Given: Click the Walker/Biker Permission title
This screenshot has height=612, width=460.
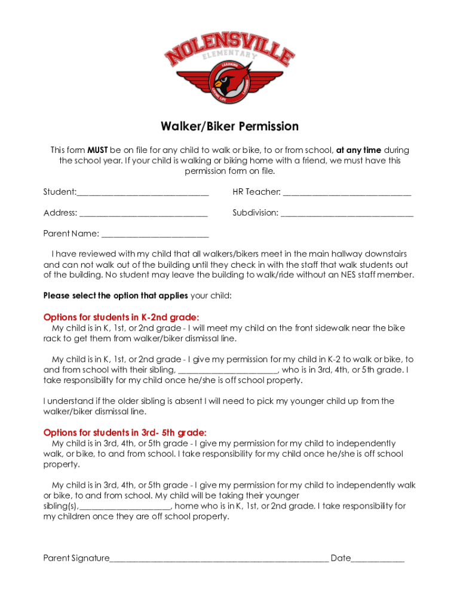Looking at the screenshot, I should pyautogui.click(x=229, y=127).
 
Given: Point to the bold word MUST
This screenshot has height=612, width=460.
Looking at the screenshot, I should pyautogui.click(x=97, y=150).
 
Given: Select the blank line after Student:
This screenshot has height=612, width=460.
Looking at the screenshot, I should pyautogui.click(x=143, y=193).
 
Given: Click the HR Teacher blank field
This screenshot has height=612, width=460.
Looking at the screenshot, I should pyautogui.click(x=347, y=193).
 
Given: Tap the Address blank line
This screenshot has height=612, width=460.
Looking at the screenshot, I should pyautogui.click(x=143, y=213).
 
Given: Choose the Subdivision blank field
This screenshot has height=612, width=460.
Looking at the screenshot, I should pyautogui.click(x=347, y=213).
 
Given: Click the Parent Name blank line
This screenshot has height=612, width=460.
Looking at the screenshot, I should pyautogui.click(x=155, y=234).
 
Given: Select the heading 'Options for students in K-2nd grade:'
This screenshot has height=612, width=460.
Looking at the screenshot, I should pyautogui.click(x=121, y=317).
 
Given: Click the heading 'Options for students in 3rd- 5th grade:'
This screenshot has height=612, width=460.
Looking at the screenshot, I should pyautogui.click(x=125, y=433).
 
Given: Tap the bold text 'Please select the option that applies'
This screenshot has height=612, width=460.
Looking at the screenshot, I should pyautogui.click(x=116, y=296).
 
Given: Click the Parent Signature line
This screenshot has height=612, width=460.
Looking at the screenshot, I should pyautogui.click(x=219, y=559).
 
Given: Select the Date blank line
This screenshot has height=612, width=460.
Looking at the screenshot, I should pyautogui.click(x=378, y=559).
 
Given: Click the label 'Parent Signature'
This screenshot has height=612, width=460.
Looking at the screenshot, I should pyautogui.click(x=76, y=558).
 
